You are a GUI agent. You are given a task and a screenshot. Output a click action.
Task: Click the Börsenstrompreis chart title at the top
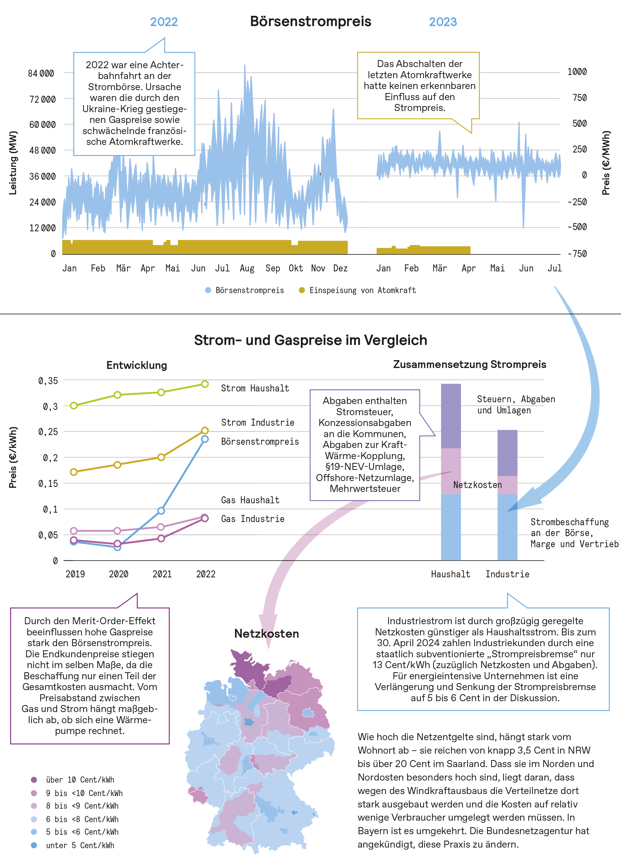pyautogui.click(x=310, y=21)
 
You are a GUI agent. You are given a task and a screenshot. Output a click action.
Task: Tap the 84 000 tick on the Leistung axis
pyautogui.click(x=41, y=73)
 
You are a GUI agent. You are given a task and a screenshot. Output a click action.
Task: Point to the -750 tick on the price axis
pyautogui.click(x=577, y=254)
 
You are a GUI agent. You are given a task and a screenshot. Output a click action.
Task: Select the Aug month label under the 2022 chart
pyautogui.click(x=247, y=268)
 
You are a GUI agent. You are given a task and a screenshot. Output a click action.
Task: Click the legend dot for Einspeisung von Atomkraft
pyautogui.click(x=301, y=290)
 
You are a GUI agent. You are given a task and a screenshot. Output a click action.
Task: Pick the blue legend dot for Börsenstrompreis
pyautogui.click(x=208, y=290)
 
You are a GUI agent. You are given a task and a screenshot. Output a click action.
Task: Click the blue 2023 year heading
pyautogui.click(x=443, y=22)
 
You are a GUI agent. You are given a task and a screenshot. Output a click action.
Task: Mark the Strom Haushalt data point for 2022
pyautogui.click(x=205, y=384)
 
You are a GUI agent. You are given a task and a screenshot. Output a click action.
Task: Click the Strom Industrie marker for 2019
pyautogui.click(x=74, y=472)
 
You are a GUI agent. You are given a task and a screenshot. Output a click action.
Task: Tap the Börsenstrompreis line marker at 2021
pyautogui.click(x=161, y=511)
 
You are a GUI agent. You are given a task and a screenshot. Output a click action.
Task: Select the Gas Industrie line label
pyautogui.click(x=253, y=519)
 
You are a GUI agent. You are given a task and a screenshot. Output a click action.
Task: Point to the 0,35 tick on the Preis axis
pyautogui.click(x=48, y=381)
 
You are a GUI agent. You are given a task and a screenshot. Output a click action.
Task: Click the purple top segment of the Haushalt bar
pyautogui.click(x=451, y=416)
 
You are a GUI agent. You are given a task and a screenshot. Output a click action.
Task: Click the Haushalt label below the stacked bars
pyautogui.click(x=450, y=574)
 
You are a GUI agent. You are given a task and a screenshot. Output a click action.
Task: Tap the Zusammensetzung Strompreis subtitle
pyautogui.click(x=469, y=364)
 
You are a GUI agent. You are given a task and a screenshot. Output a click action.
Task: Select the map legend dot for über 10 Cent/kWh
pyautogui.click(x=34, y=780)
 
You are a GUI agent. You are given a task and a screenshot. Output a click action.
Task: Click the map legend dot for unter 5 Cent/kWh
pyautogui.click(x=34, y=845)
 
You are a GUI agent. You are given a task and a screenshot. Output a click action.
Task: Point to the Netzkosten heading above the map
pyautogui.click(x=267, y=634)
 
